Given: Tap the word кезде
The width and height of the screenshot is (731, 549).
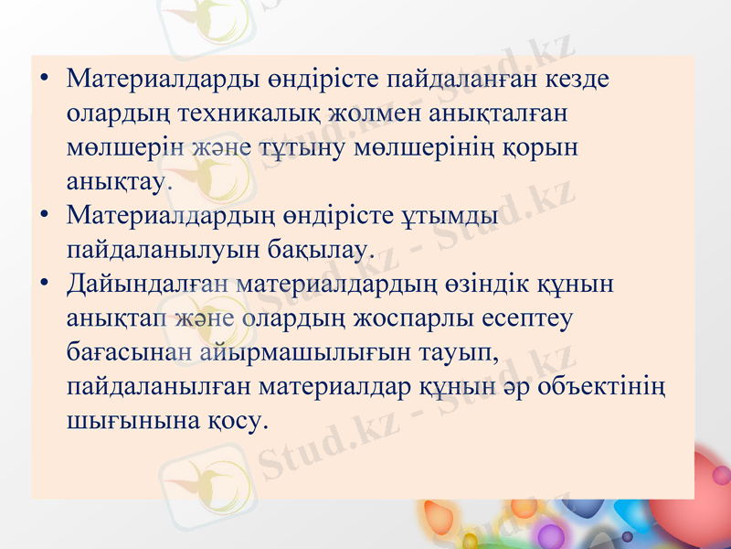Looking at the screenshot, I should pos(577,79).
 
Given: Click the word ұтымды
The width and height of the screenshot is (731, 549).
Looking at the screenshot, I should pos(450,215).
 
